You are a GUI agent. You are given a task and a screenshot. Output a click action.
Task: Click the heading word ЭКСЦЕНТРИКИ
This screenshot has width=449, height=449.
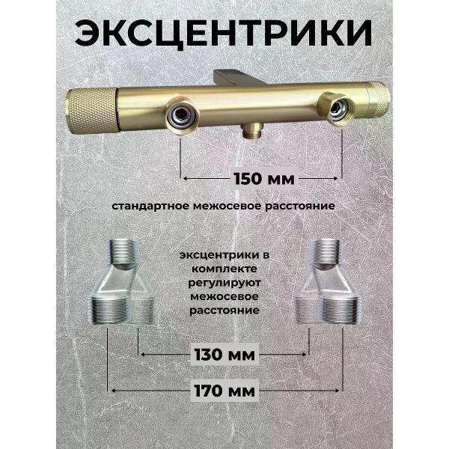pyautogui.click(x=223, y=33)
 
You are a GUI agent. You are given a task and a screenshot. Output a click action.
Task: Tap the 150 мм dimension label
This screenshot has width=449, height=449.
pyautogui.click(x=264, y=179)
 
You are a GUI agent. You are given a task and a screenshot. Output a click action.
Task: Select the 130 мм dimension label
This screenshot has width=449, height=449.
pyautogui.click(x=224, y=355)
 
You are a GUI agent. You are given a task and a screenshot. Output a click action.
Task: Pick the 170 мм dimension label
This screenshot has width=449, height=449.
pyautogui.click(x=224, y=391)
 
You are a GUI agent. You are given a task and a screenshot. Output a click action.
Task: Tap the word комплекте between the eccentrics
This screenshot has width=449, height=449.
pyautogui.click(x=224, y=269)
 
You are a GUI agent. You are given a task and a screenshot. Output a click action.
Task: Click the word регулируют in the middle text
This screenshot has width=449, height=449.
pyautogui.click(x=224, y=283)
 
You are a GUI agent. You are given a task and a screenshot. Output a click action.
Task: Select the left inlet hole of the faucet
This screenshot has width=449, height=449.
pyautogui.click(x=181, y=112)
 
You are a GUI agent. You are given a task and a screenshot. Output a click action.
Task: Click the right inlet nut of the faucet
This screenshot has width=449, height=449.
pyautogui.click(x=337, y=109)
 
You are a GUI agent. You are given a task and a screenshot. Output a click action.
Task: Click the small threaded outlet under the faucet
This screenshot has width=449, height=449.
pyautogui.click(x=252, y=129)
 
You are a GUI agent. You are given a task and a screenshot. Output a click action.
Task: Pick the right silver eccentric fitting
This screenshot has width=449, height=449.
pyautogui.click(x=327, y=283)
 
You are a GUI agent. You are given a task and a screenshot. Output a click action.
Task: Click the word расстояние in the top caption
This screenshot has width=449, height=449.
pyautogui.click(x=300, y=207)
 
